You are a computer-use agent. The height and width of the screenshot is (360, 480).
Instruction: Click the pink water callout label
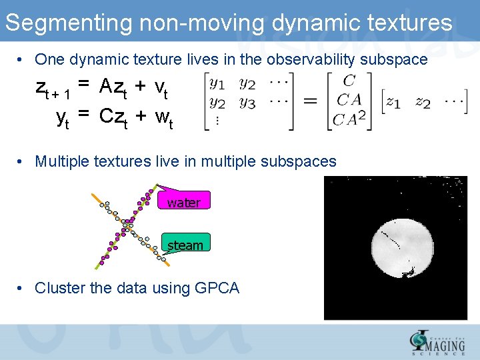(183, 202)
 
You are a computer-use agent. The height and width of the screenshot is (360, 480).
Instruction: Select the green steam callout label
(185, 245)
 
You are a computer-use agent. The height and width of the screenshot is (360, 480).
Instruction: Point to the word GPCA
(217, 288)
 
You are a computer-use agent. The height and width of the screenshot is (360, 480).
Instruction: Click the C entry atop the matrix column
(349, 81)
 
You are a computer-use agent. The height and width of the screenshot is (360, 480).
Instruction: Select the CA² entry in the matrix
(350, 119)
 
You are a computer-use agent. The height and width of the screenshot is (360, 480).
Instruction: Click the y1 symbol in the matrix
(217, 84)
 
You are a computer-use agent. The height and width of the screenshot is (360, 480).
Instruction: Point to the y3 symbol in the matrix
(247, 103)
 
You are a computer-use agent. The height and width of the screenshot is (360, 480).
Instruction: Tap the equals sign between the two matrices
(311, 101)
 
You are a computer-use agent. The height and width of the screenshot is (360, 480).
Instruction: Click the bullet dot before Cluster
(22, 288)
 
